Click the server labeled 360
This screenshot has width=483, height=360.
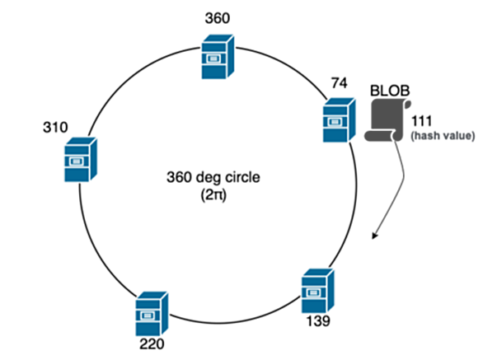coord(218,57)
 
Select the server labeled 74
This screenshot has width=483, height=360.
coord(339,120)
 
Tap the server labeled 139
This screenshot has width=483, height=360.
coord(317,291)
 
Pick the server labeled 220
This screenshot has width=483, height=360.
coord(152,314)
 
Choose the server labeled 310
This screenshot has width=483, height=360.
coord(81,160)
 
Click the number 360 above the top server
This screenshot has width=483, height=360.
coord(218,18)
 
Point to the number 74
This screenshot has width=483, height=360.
coord(339,83)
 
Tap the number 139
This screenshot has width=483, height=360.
coord(318,321)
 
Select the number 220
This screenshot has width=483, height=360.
coord(152,344)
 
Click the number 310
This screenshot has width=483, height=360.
coord(55,128)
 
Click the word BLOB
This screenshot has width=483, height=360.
coord(390,91)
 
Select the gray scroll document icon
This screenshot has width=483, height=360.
coord(388,120)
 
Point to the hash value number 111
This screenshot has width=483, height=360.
coord(422,121)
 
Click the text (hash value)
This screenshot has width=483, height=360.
coord(443,136)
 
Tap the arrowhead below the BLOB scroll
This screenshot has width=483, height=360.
coord(374,236)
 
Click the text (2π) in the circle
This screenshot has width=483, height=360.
coord(213,195)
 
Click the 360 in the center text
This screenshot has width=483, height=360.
coord(180,177)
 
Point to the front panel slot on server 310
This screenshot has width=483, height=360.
coord(75,161)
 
